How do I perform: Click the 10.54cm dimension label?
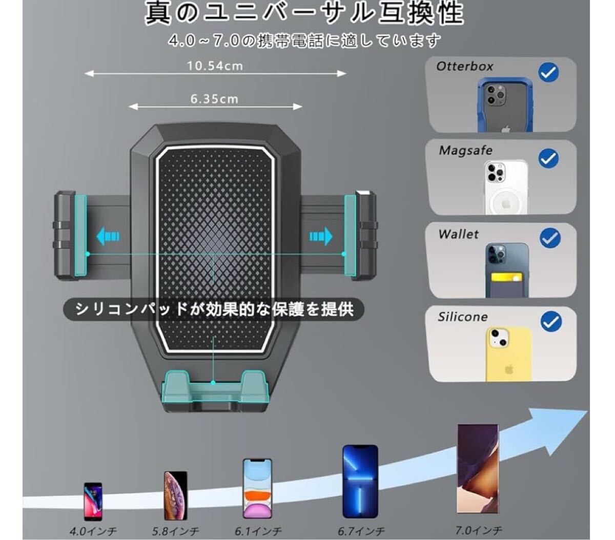pyautogui.click(x=215, y=66)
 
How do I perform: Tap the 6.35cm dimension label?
pyautogui.click(x=214, y=99)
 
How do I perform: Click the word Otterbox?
pyautogui.click(x=465, y=66)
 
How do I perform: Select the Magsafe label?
pyautogui.click(x=465, y=151)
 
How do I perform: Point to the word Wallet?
pyautogui.click(x=458, y=234)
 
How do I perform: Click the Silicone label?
pyautogui.click(x=462, y=317)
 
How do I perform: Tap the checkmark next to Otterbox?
pyautogui.click(x=548, y=73)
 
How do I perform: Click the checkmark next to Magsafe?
pyautogui.click(x=548, y=158)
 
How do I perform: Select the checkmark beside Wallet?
pyautogui.click(x=550, y=238)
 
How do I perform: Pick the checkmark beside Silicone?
pyautogui.click(x=551, y=322)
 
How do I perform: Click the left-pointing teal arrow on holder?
pyautogui.click(x=108, y=236)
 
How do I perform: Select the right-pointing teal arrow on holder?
pyautogui.click(x=321, y=236)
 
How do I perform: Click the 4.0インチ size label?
pyautogui.click(x=93, y=531)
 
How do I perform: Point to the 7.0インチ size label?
pyautogui.click(x=479, y=530)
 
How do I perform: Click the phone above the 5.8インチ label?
pyautogui.click(x=175, y=495)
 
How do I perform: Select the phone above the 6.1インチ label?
pyautogui.click(x=257, y=488)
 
